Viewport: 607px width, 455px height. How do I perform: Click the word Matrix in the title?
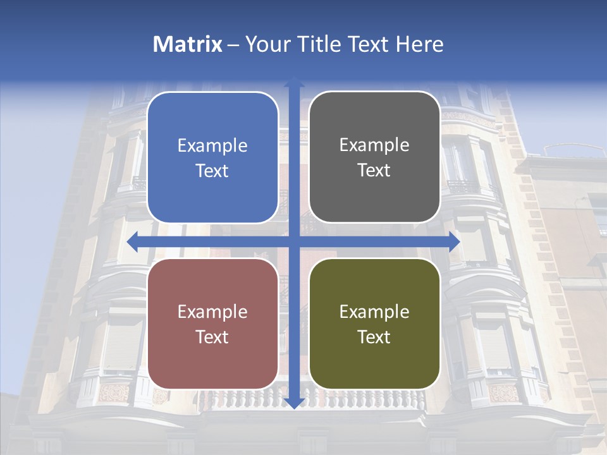[187, 44]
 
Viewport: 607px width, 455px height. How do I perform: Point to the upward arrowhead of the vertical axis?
[294, 82]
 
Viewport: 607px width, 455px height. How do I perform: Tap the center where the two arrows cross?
[294, 242]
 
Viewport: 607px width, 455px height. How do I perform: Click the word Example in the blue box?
[212, 146]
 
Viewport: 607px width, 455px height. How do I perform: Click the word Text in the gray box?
[374, 171]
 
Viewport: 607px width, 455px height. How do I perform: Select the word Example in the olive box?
[374, 312]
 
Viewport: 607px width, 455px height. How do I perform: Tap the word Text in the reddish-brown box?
[212, 337]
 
